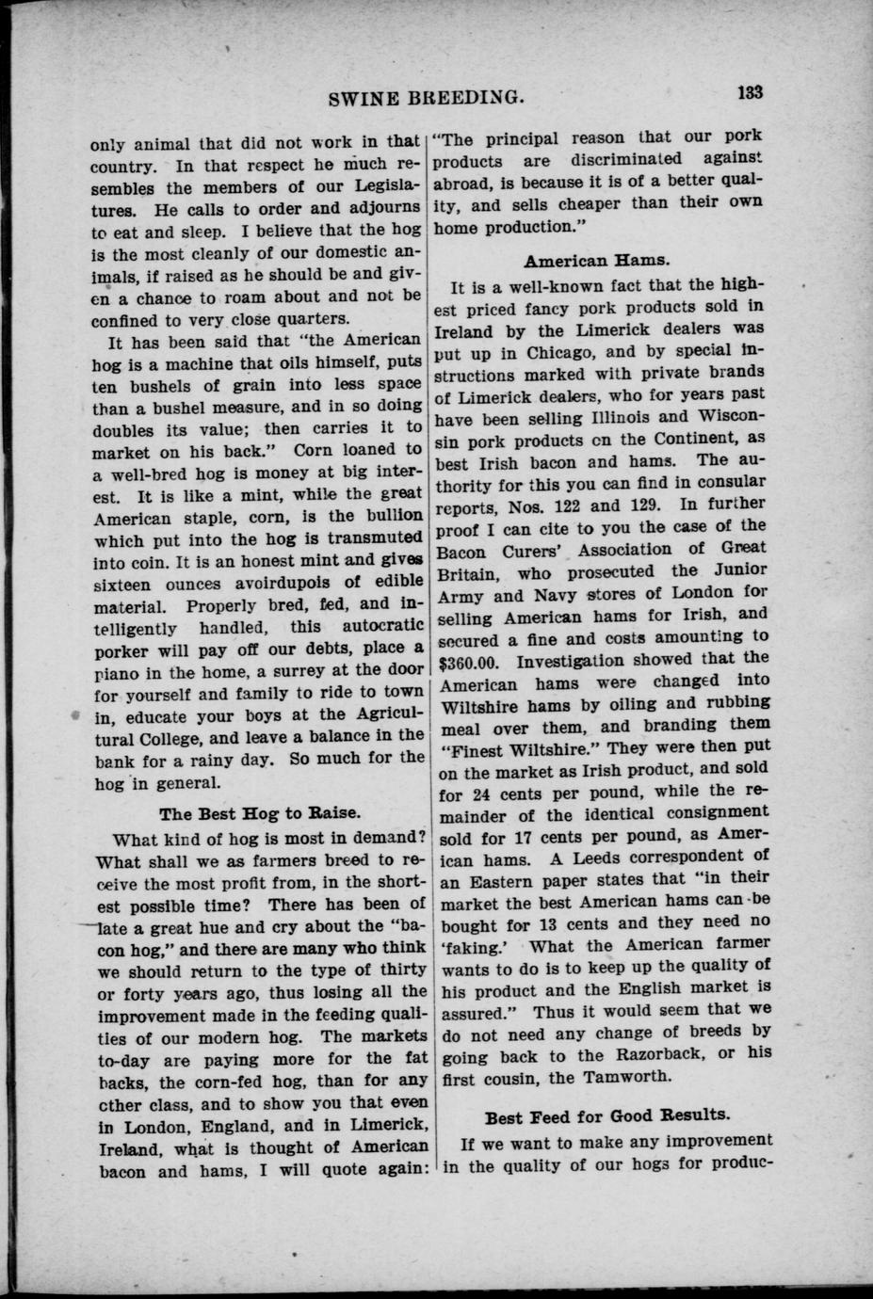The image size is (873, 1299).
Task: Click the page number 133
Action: [x=750, y=92]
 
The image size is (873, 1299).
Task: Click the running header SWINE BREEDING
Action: [x=425, y=96]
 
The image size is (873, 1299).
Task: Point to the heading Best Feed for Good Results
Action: [x=606, y=1115]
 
